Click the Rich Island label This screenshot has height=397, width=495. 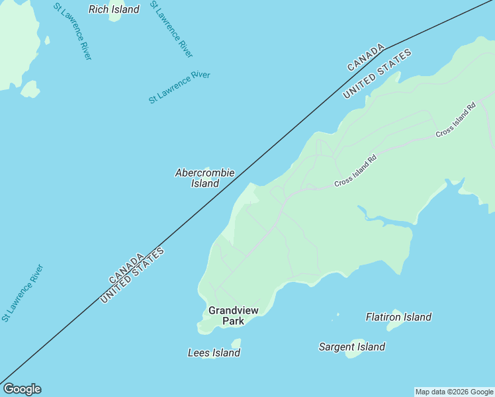114,9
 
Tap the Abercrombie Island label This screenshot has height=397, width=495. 204,178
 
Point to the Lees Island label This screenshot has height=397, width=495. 214,353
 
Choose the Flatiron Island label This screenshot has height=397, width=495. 398,317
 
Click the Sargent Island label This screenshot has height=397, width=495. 351,347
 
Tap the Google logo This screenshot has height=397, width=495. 22,389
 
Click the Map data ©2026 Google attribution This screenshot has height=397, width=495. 454,392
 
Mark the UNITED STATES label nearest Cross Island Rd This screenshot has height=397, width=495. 377,74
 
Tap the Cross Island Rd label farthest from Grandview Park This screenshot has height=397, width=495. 456,120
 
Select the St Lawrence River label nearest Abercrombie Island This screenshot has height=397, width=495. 179,87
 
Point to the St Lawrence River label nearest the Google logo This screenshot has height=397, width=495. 22,292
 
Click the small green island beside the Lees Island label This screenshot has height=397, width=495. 236,343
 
